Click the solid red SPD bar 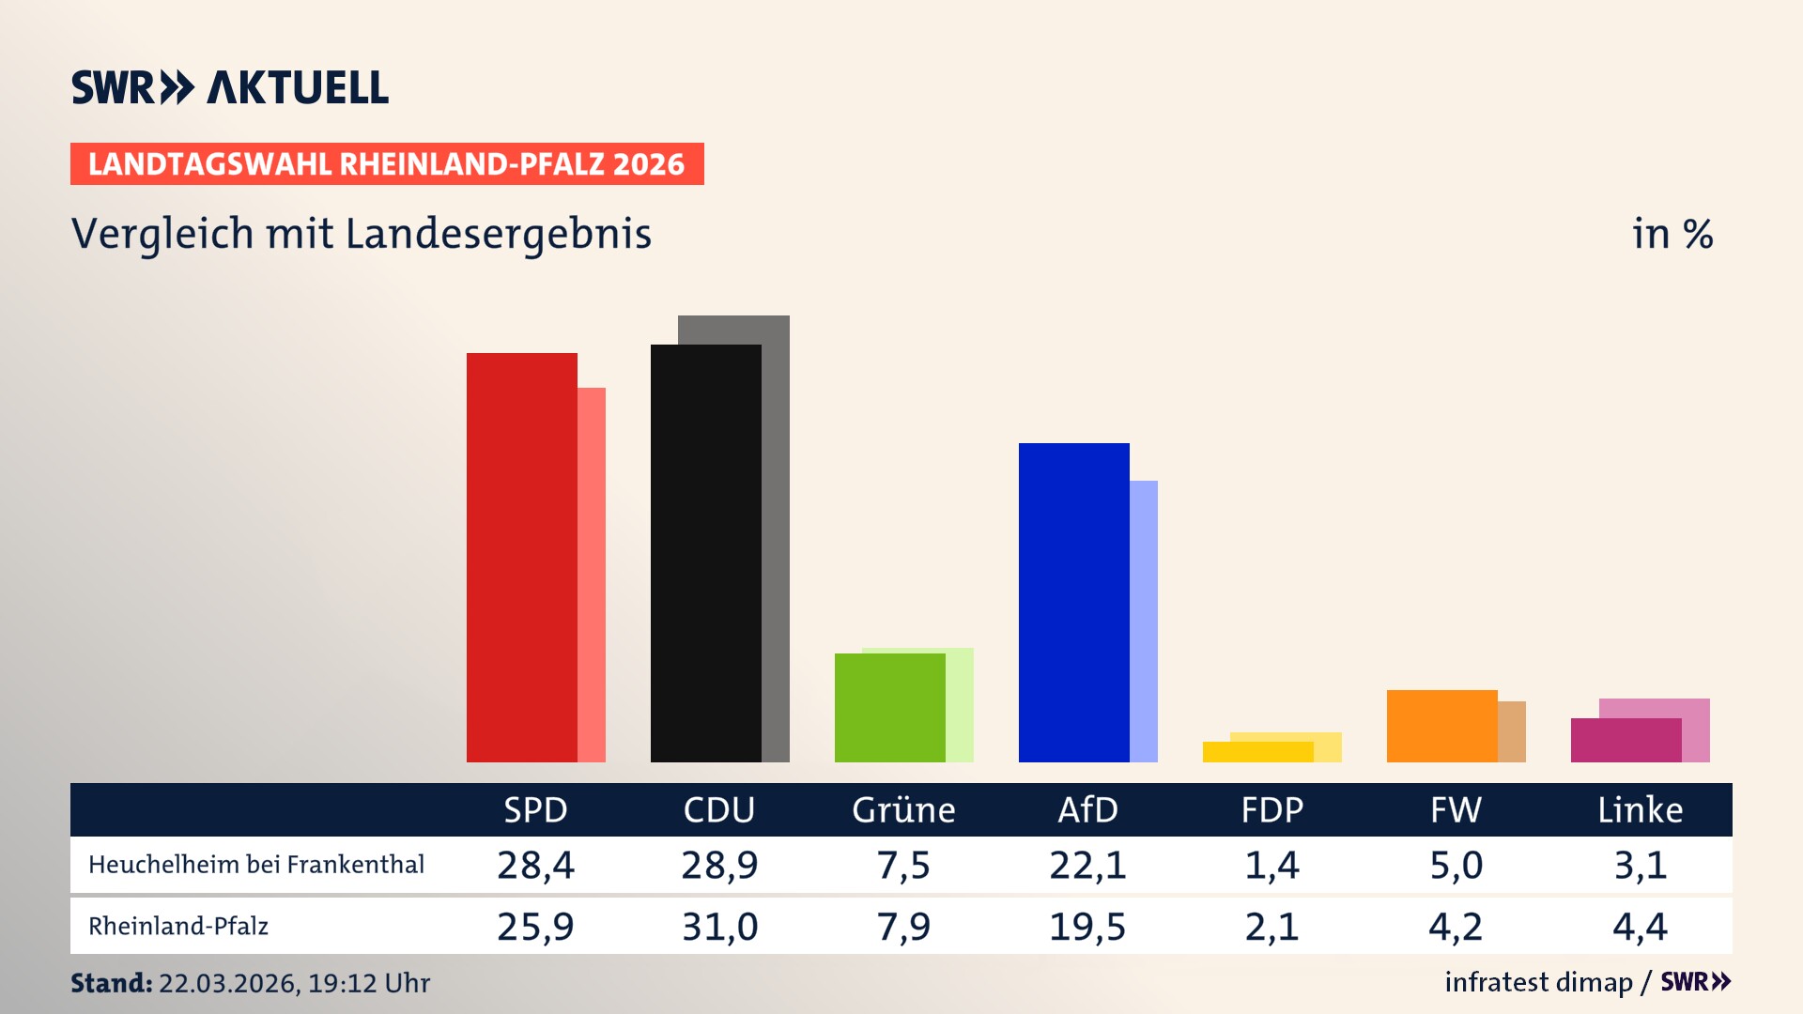coord(521,558)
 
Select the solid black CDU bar coord(705,554)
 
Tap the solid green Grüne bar coord(889,708)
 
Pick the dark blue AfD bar coord(1073,603)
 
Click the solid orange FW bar coord(1441,726)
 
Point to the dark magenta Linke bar coord(1626,741)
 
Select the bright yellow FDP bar coord(1257,752)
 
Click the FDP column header coord(1271,810)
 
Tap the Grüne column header coord(903,810)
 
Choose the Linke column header coord(1640,810)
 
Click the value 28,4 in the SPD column coord(535,865)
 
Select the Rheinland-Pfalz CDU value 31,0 coord(719,927)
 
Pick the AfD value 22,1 coord(1087,865)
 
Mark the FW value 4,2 coord(1456,927)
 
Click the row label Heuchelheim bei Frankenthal coord(256,865)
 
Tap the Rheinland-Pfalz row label coord(178,927)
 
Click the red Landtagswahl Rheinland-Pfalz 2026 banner coord(387,164)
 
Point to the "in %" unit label coord(1672,234)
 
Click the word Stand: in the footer coord(111,983)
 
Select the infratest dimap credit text coord(1538,982)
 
